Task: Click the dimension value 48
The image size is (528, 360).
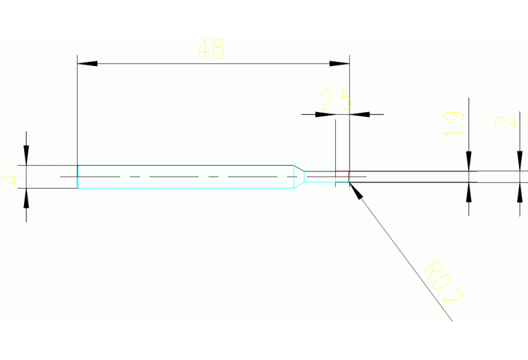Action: [x=211, y=50]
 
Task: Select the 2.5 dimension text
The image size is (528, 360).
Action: [x=336, y=100]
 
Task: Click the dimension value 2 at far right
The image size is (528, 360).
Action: [x=506, y=122]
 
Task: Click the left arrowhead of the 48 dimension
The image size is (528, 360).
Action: [x=87, y=63]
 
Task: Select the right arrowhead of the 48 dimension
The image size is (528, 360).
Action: [x=340, y=63]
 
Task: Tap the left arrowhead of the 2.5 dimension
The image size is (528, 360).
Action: [x=326, y=114]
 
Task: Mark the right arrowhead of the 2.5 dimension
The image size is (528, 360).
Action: [x=359, y=114]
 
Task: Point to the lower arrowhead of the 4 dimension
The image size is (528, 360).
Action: [x=26, y=198]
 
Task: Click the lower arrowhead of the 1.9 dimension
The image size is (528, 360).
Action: [x=469, y=191]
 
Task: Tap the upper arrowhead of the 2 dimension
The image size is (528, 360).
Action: [x=520, y=162]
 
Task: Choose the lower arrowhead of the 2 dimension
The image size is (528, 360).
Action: [x=520, y=193]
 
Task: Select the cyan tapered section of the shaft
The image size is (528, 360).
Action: [x=299, y=177]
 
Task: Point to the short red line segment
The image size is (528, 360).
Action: [x=341, y=171]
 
